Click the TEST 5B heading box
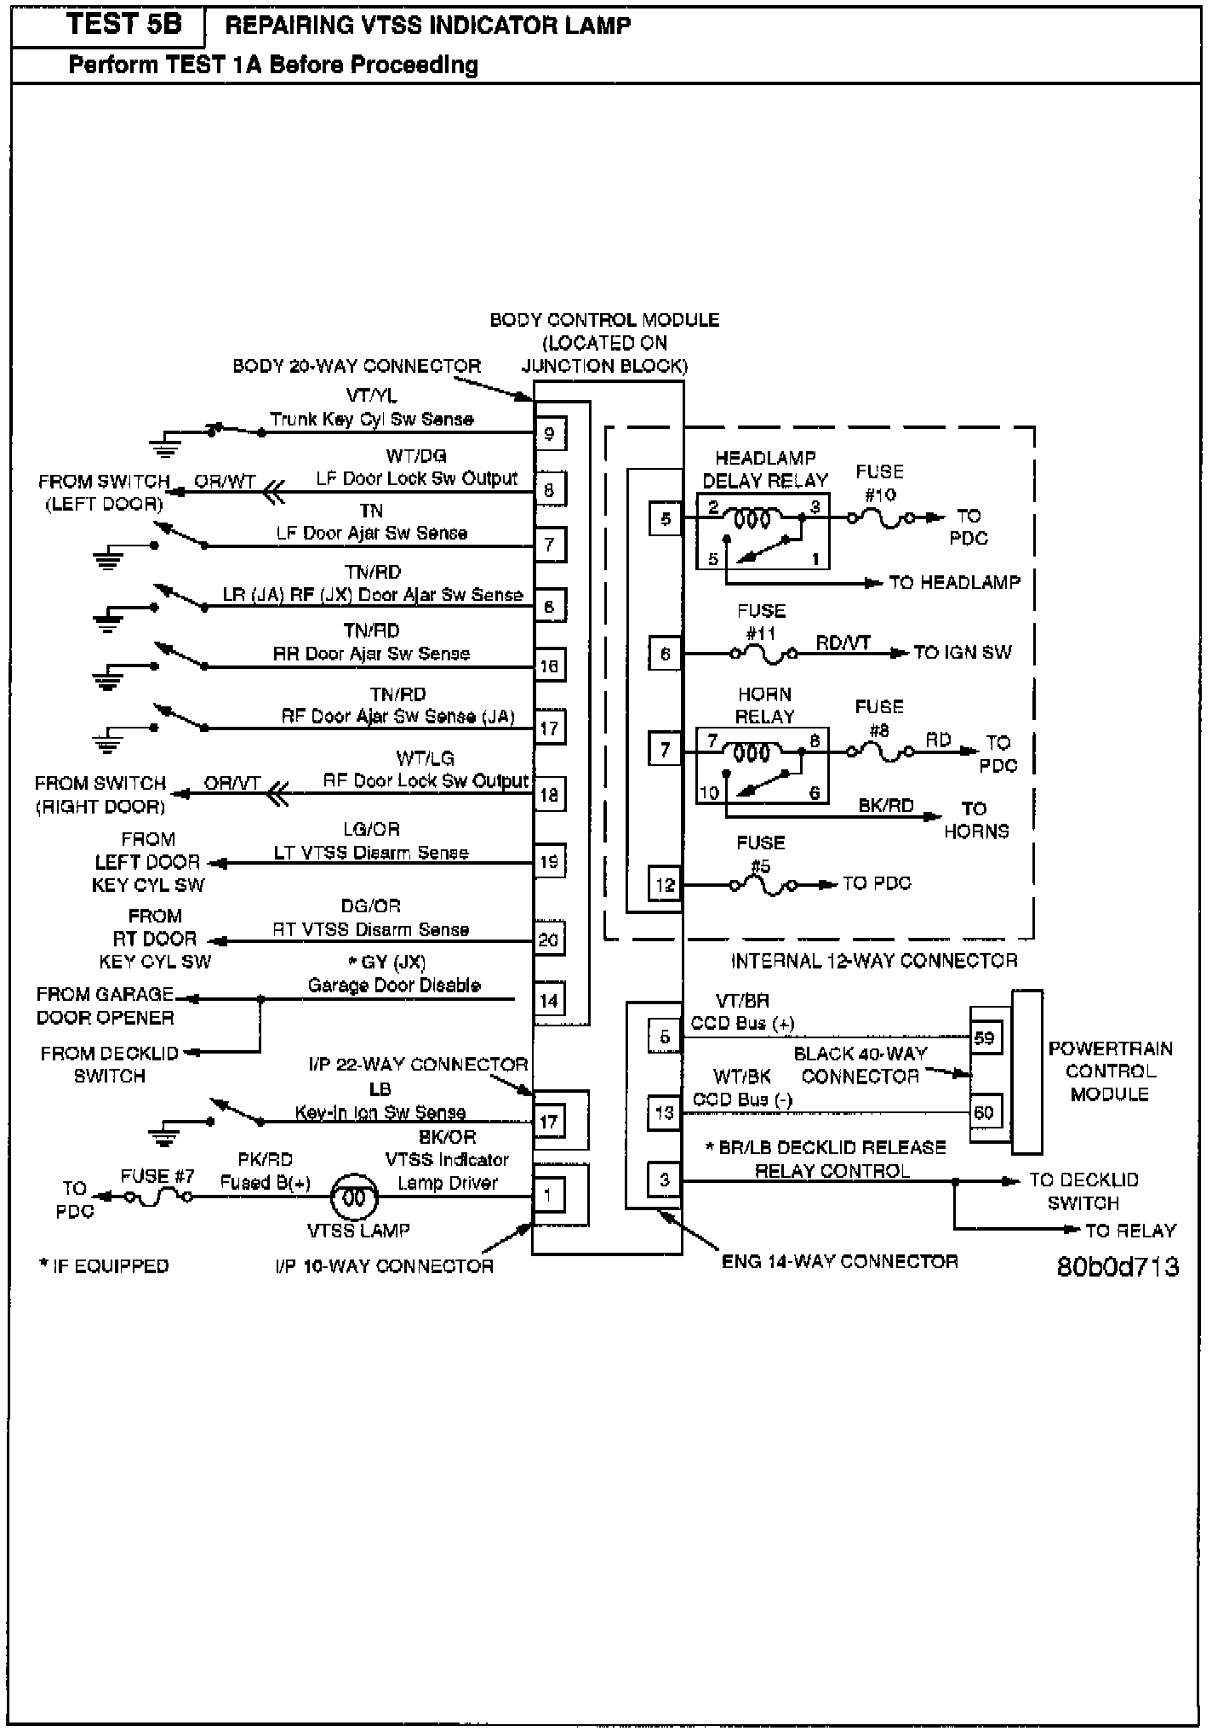pos(108,26)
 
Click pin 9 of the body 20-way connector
pos(549,433)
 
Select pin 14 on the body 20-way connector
pos(549,1000)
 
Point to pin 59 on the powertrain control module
pos(984,1037)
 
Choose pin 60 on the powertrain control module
pos(984,1112)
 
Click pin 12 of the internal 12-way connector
pos(665,884)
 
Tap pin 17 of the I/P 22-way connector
pos(549,1122)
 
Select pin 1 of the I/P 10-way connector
pos(549,1196)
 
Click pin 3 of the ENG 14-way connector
pos(665,1180)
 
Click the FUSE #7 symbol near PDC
pos(158,1197)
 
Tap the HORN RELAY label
pos(764,706)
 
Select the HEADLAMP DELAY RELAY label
pos(764,469)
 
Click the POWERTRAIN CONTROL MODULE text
pos(1110,1071)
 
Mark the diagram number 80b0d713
pos(1118,1267)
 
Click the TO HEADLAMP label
pos(954,583)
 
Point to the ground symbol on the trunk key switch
pos(163,441)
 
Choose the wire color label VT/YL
pos(371,396)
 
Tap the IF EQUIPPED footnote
pos(104,1266)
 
